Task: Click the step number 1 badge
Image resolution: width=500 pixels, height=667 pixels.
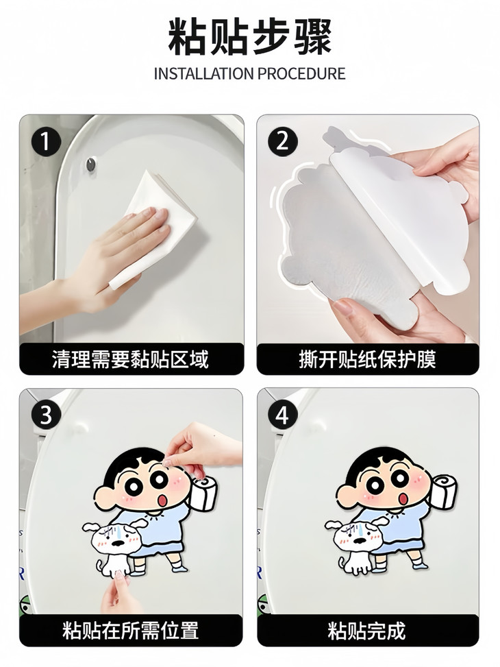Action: (x=45, y=142)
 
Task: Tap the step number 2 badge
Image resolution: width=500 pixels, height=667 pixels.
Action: (x=283, y=142)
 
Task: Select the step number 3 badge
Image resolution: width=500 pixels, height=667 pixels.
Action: (x=45, y=415)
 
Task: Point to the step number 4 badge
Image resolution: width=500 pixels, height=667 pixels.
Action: (x=283, y=415)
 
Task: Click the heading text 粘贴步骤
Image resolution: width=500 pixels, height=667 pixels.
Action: (x=249, y=37)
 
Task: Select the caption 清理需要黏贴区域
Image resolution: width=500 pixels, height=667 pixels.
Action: (x=131, y=359)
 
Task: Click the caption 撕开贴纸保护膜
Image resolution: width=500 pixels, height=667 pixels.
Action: (x=368, y=359)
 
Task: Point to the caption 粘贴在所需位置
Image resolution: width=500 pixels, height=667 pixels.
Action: (x=131, y=631)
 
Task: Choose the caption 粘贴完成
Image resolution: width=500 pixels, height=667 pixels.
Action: (x=367, y=631)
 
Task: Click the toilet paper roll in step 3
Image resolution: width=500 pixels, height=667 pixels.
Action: (x=205, y=493)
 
